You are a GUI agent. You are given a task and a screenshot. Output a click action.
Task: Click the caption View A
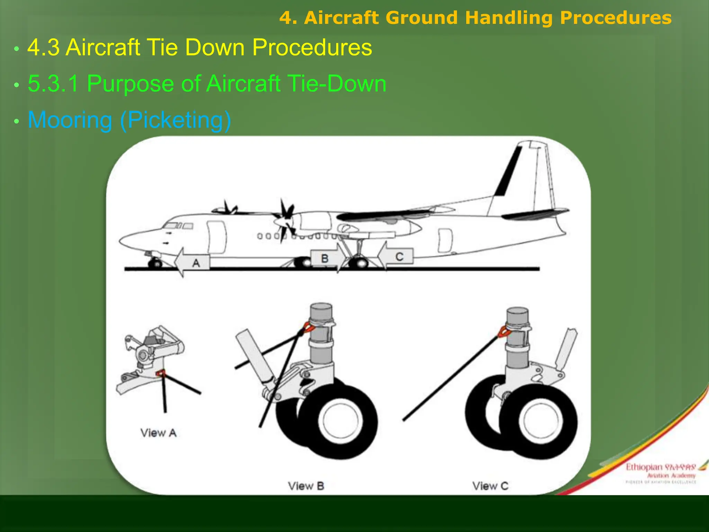(159, 433)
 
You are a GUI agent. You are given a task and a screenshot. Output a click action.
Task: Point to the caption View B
(306, 486)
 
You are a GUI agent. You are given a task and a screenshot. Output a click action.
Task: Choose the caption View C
(490, 486)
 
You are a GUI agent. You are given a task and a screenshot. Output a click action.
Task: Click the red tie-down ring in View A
(160, 373)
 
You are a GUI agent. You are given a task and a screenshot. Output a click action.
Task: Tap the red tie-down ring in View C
(503, 331)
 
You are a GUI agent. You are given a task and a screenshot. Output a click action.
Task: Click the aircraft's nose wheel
(155, 264)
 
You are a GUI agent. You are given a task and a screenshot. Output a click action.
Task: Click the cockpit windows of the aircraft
(178, 226)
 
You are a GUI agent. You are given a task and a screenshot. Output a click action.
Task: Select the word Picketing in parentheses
(176, 120)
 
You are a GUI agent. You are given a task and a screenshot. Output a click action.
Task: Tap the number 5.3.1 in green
(53, 83)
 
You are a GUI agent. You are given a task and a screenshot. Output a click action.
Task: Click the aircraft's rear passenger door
(445, 240)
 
